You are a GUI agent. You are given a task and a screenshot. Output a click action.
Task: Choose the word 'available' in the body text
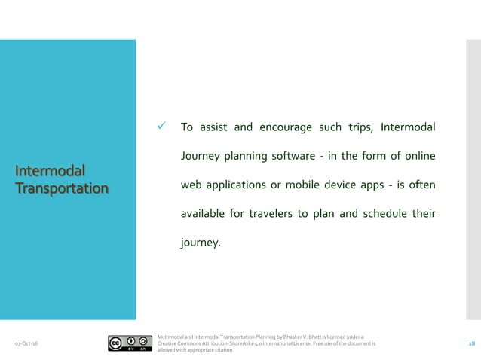pos(203,215)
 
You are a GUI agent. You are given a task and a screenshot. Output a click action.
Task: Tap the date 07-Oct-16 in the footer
pos(28,343)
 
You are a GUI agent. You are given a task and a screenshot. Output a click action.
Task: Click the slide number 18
pos(471,343)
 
